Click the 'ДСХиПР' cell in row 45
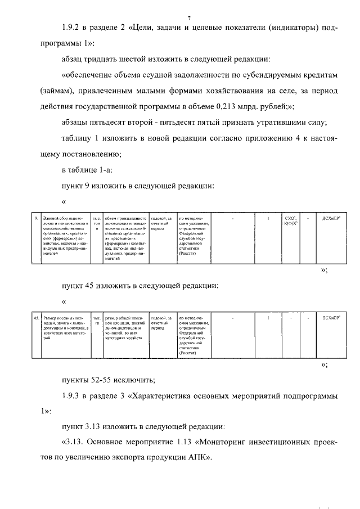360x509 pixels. [330, 318]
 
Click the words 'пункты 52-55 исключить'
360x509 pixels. [106, 381]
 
